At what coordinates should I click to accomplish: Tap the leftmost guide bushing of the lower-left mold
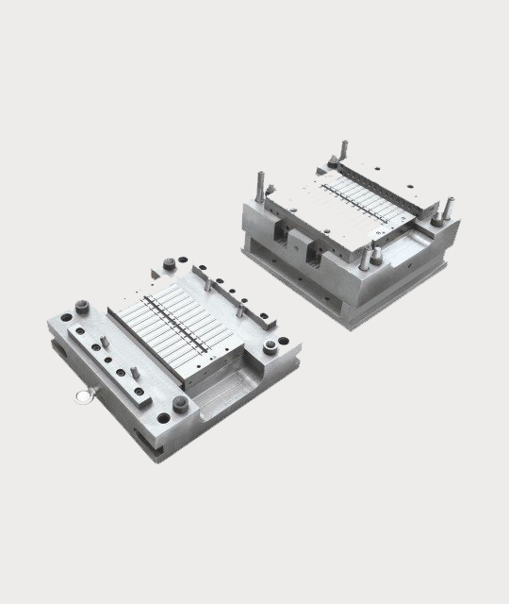click(x=81, y=308)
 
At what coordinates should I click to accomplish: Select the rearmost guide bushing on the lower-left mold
click(x=170, y=263)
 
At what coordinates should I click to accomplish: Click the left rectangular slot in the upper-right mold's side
click(x=282, y=235)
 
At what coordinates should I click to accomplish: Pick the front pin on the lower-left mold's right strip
click(x=241, y=310)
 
